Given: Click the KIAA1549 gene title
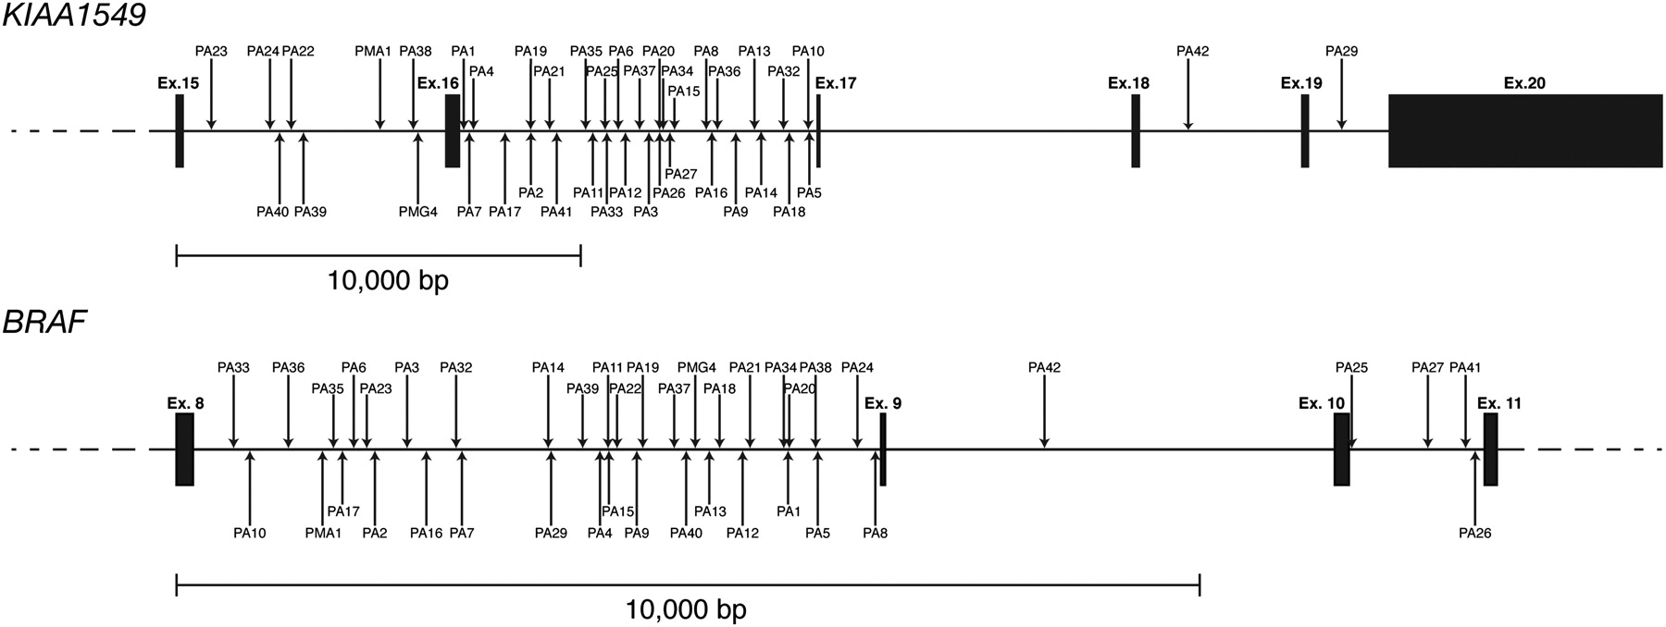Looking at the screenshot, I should [74, 16].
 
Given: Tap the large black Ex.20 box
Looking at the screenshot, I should [1524, 130].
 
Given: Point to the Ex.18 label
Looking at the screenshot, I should [1128, 83].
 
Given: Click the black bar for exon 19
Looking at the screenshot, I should [1305, 130].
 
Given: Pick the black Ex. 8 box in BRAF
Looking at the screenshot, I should [184, 449].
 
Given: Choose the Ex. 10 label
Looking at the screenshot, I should [1322, 403].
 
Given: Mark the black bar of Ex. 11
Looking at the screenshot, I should [1490, 449].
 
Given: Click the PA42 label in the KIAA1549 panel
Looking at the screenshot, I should [1192, 52].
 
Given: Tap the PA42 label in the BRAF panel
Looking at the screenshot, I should [1044, 367].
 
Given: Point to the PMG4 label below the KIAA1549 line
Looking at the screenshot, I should [417, 212].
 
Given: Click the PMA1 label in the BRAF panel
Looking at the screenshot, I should [323, 533].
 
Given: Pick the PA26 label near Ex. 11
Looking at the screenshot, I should [1474, 533].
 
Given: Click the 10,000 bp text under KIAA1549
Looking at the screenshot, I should [388, 280].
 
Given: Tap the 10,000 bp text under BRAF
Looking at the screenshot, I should [686, 609].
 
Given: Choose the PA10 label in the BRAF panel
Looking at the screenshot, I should [250, 533].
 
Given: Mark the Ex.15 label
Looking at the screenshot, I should [178, 83].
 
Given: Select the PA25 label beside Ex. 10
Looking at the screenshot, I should [1351, 367].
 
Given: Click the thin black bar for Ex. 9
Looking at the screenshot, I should [883, 449].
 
